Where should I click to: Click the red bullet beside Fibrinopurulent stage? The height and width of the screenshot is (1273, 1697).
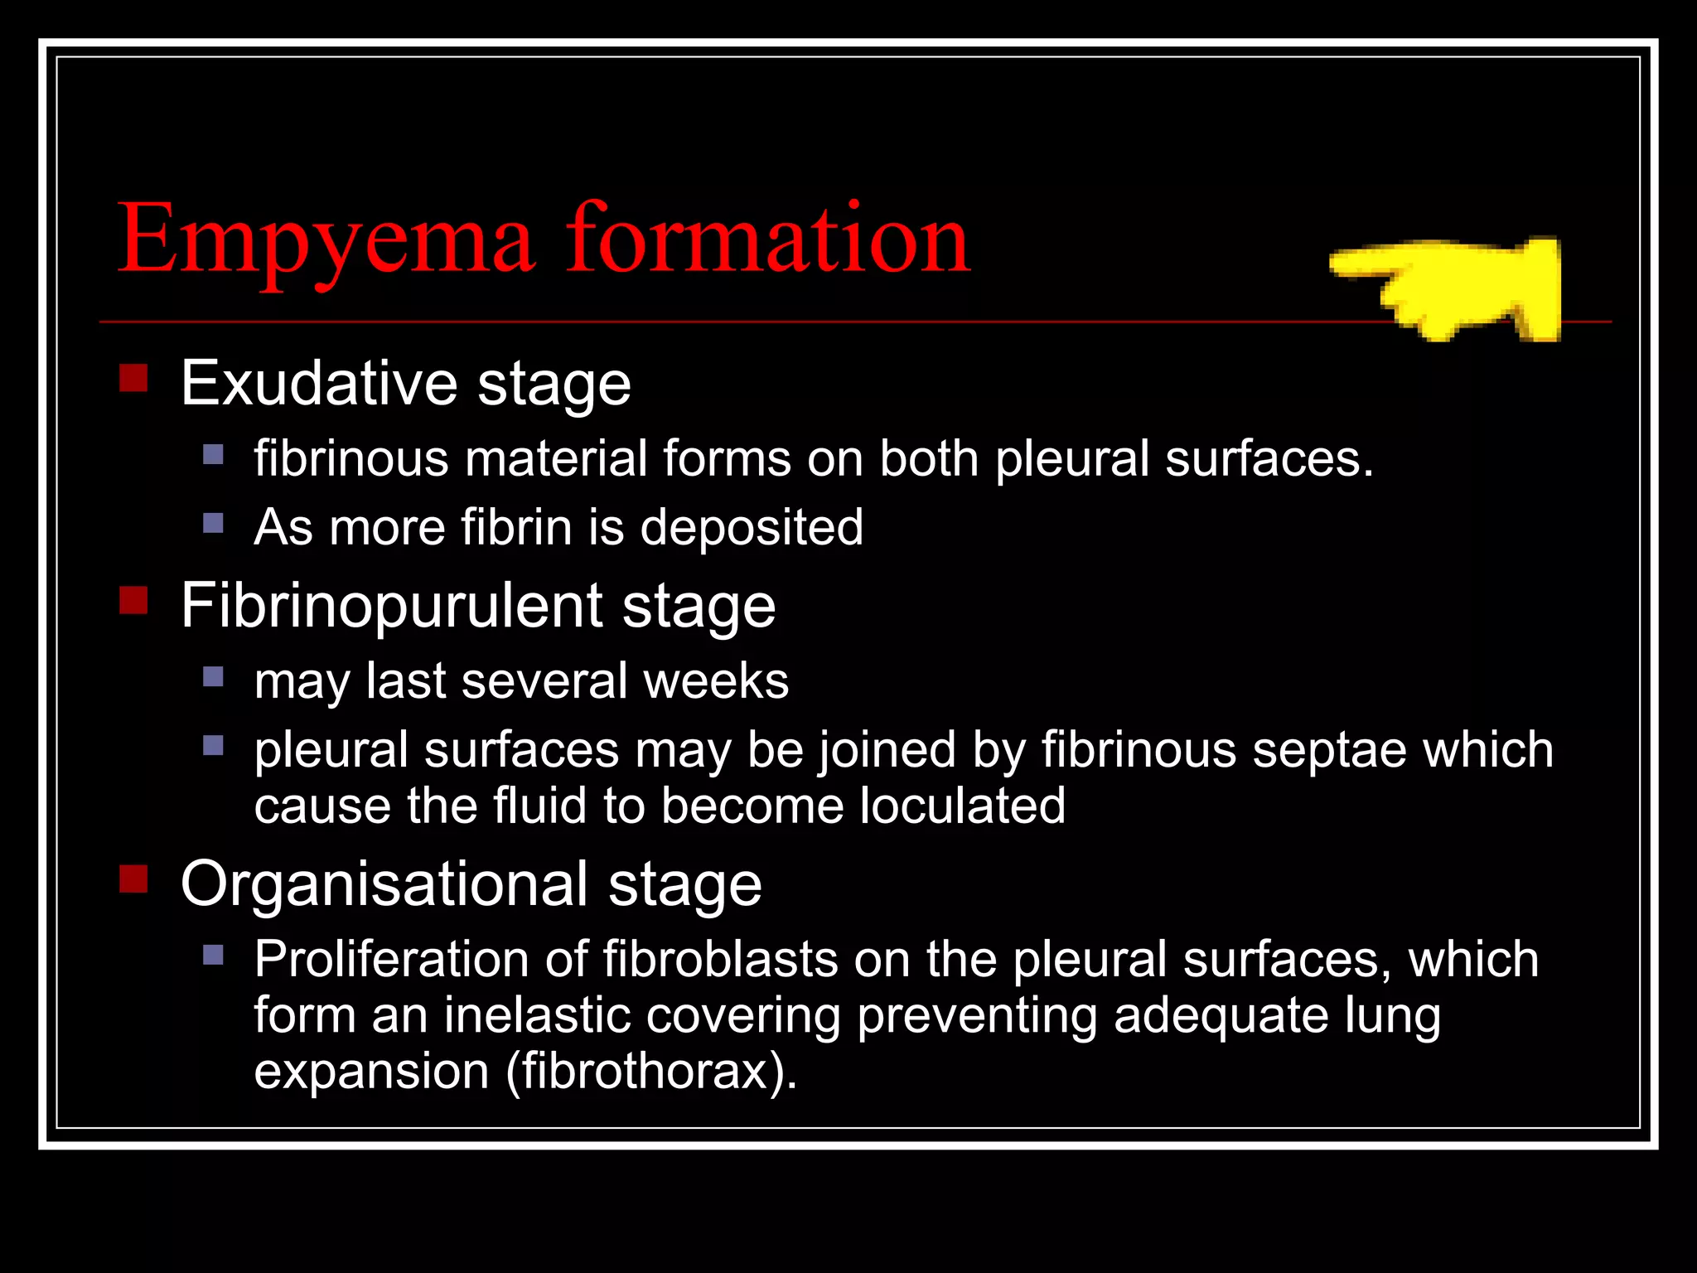pos(133,600)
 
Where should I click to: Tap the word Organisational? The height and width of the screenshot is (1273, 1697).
pos(384,884)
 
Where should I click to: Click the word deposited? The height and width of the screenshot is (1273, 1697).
pos(752,527)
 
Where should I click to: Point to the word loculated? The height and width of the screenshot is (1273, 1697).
pos(962,806)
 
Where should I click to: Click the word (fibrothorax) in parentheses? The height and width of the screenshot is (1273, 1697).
pos(651,1071)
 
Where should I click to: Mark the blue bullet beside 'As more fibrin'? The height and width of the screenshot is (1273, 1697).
pos(213,523)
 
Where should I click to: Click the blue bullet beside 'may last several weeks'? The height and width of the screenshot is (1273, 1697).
pos(213,677)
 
